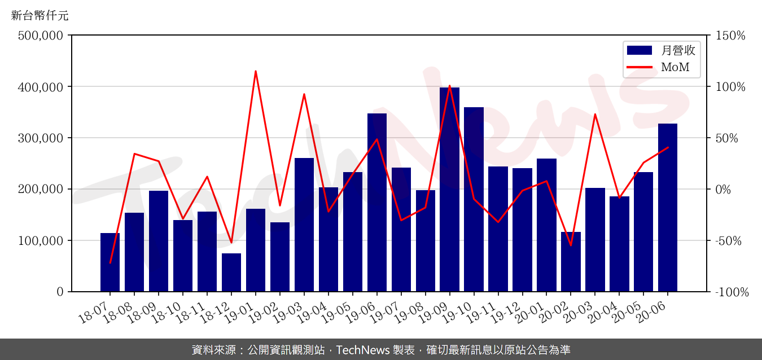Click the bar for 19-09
coord(449,190)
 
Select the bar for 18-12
coord(231,273)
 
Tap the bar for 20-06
coord(668,208)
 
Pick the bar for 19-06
coord(377,203)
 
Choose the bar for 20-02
coord(571,262)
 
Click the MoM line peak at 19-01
coord(256,71)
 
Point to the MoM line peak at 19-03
coord(304,94)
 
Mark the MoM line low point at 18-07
coord(110,263)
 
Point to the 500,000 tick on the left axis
coord(40,36)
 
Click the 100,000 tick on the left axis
coord(40,240)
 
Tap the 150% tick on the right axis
coord(730,36)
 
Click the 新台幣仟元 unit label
coord(40,16)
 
